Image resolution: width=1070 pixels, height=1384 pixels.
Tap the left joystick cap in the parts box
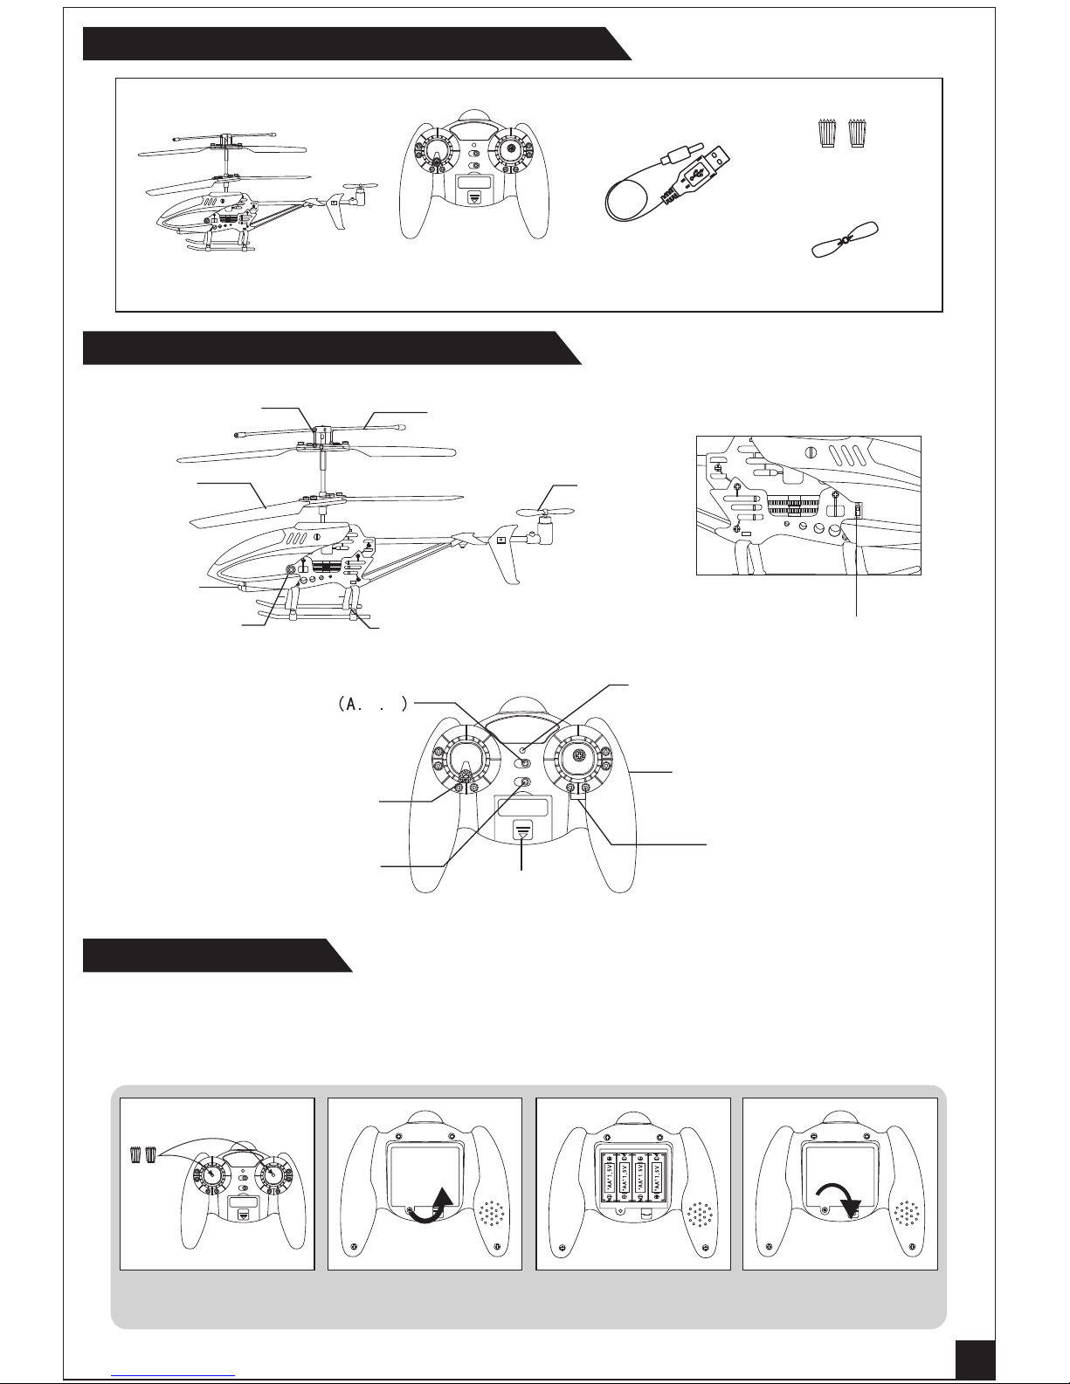825,134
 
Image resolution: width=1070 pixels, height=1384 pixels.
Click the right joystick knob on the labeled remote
577,756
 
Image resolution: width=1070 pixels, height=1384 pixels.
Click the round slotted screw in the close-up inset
811,451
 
